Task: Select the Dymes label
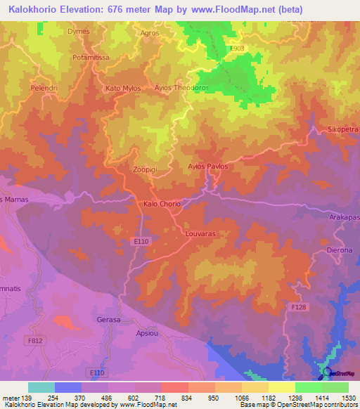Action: pos(78,32)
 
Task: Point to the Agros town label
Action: pos(150,32)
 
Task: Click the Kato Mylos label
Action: pos(123,89)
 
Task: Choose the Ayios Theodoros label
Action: pos(182,89)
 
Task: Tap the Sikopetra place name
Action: pos(342,130)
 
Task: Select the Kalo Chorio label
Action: pos(162,204)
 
